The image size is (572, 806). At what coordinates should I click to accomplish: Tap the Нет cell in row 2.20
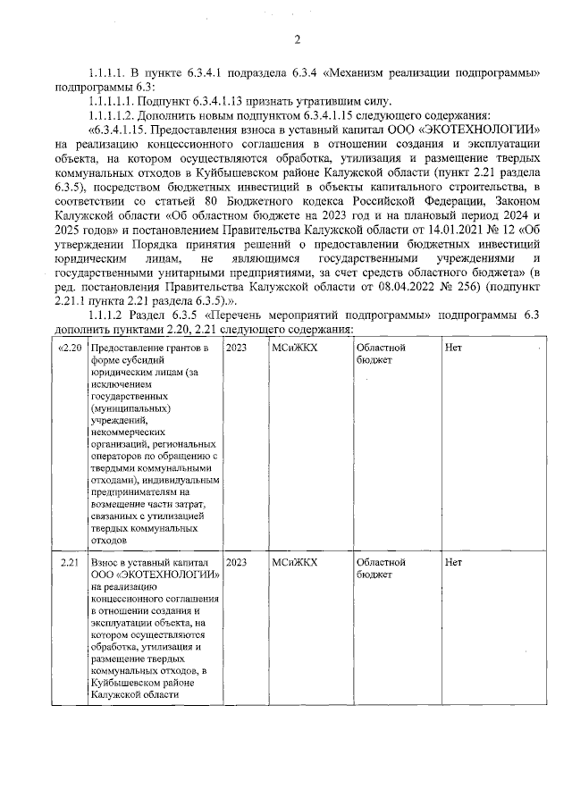453,348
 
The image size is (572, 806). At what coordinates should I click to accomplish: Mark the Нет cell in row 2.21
453,562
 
